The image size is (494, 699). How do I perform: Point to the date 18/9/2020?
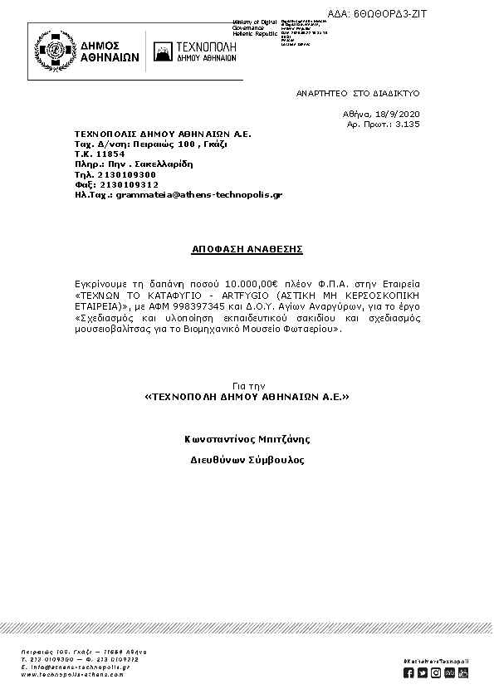pyautogui.click(x=400, y=113)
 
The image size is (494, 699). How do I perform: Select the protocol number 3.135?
pyautogui.click(x=408, y=124)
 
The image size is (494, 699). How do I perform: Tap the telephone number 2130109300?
pyautogui.click(x=126, y=175)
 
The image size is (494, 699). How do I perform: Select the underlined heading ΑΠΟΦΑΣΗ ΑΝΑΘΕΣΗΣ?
pyautogui.click(x=247, y=248)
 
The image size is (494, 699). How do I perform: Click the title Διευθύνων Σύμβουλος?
pyautogui.click(x=247, y=460)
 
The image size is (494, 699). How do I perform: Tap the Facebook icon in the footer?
pyautogui.click(x=408, y=672)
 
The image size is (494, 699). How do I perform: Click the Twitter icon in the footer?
pyautogui.click(x=423, y=672)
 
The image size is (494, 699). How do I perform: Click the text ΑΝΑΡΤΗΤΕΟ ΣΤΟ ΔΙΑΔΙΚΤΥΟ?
pyautogui.click(x=358, y=95)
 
